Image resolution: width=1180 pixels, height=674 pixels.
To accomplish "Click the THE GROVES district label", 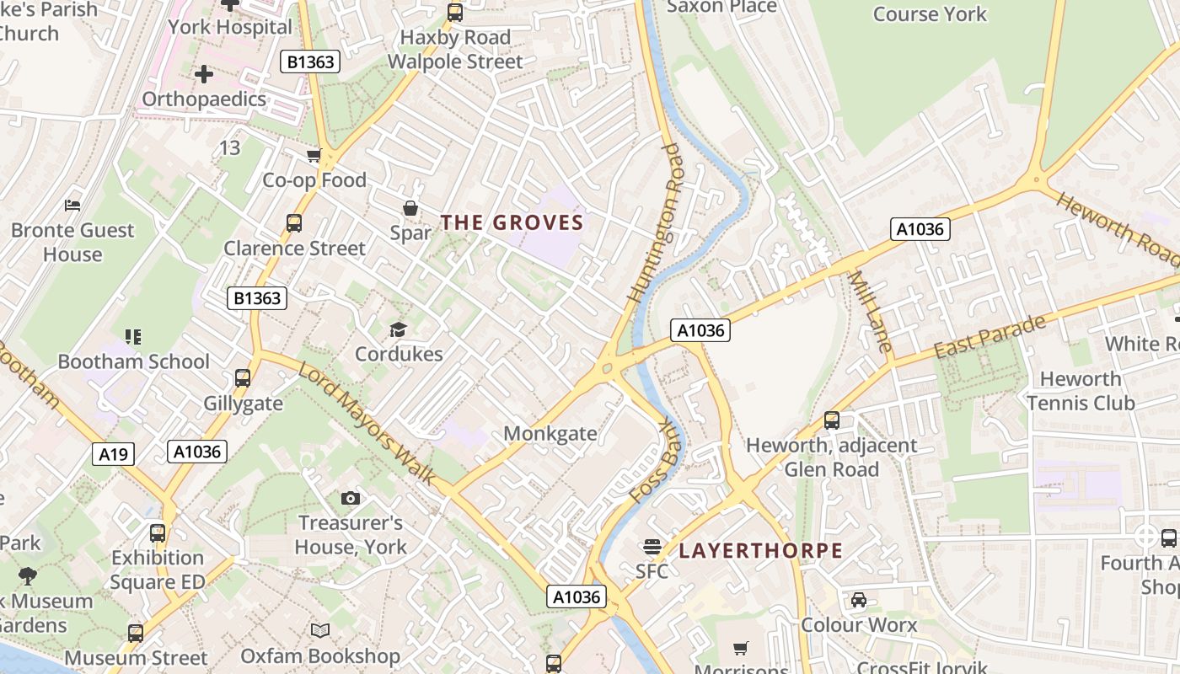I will pos(512,222).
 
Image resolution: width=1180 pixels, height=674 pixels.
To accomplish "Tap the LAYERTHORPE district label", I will pos(760,551).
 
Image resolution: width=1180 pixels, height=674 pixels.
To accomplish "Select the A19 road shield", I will pos(114,455).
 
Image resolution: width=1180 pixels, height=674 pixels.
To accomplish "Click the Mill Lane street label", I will pos(869,311).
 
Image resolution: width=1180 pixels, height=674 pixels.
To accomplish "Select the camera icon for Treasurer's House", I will pos(351,499).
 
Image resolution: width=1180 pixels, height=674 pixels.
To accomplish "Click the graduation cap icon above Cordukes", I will pos(398,329).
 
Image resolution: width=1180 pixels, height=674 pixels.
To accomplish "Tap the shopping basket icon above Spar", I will pos(410,208).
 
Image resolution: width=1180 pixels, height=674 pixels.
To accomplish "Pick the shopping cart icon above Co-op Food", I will pos(314,156).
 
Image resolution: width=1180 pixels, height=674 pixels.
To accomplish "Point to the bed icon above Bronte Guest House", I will pos(72,205).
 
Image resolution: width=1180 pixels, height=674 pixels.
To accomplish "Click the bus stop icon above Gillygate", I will pos(243,378).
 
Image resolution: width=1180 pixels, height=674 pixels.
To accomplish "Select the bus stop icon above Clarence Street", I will pos(293,223).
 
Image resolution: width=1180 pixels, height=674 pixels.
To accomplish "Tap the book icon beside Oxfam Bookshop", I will pos(319,630).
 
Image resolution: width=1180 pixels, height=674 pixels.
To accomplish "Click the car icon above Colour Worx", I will pos(858,600).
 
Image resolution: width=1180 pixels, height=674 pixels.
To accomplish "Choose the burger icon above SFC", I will pos(652,547).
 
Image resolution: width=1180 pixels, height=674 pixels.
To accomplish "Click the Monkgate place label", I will pos(550,434).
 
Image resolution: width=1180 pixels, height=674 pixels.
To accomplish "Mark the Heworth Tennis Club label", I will pos(1081,391).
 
